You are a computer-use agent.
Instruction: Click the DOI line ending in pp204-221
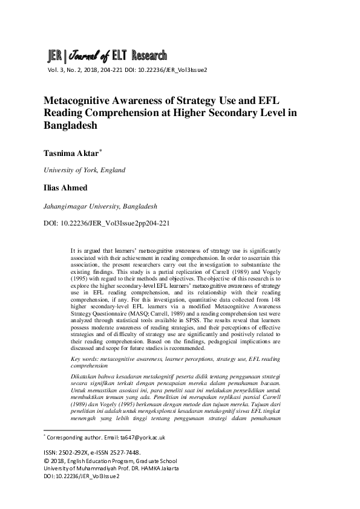[107, 223]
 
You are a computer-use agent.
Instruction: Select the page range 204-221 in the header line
[116, 70]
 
